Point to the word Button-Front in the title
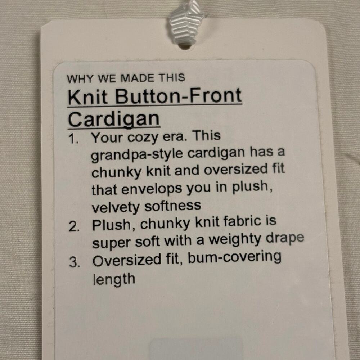coord(179,95)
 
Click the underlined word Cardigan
coord(114,120)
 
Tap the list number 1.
coord(73,139)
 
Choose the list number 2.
coord(74,227)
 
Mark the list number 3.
coord(75,262)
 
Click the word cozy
coord(143,138)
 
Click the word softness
coord(173,206)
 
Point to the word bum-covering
coord(234,258)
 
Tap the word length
coord(114,279)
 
